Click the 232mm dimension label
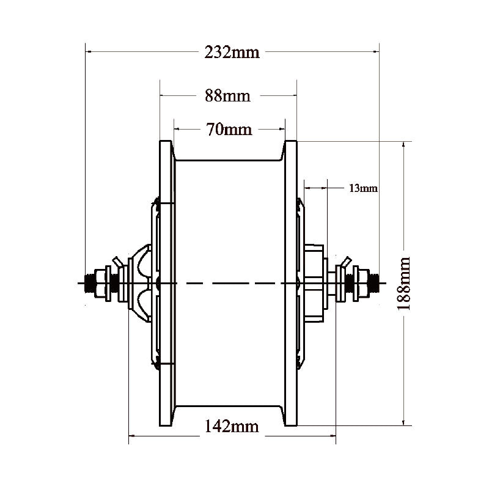pyautogui.click(x=232, y=53)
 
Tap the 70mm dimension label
pyautogui.click(x=230, y=129)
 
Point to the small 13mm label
pyautogui.click(x=363, y=188)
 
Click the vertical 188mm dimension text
pyautogui.click(x=403, y=283)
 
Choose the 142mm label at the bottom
pyautogui.click(x=232, y=427)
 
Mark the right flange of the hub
pyautogui.click(x=291, y=283)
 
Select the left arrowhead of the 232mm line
pyautogui.click(x=88, y=53)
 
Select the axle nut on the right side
pyautogui.click(x=362, y=282)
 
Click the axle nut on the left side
pyautogui.click(x=100, y=282)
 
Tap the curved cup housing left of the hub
pyautogui.click(x=141, y=282)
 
